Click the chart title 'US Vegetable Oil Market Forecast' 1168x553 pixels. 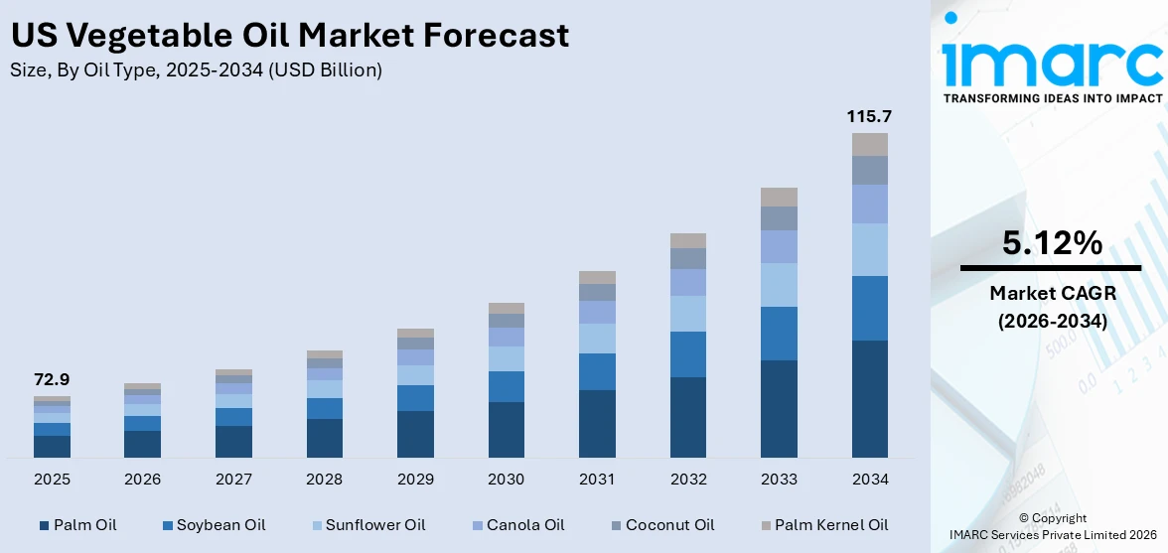(x=289, y=36)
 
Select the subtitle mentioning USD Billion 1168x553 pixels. (x=196, y=70)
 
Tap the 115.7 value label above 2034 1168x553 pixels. (x=868, y=116)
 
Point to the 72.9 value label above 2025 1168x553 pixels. (x=52, y=379)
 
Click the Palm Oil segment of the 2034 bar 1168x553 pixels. (x=869, y=398)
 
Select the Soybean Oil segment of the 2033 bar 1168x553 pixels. (x=779, y=334)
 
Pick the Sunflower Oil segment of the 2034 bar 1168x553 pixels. (x=869, y=249)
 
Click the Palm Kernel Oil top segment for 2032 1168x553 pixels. (x=687, y=240)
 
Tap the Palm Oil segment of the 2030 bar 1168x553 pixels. (x=506, y=429)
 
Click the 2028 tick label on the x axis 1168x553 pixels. (x=324, y=480)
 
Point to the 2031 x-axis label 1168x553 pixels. (x=597, y=480)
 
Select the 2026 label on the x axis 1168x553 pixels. (x=142, y=480)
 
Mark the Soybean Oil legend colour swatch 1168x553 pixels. (x=168, y=524)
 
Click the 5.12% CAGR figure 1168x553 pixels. (x=1052, y=243)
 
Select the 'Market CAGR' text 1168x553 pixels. (x=1052, y=293)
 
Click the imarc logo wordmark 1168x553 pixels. (x=1052, y=62)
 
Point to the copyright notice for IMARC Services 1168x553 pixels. (x=1052, y=526)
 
